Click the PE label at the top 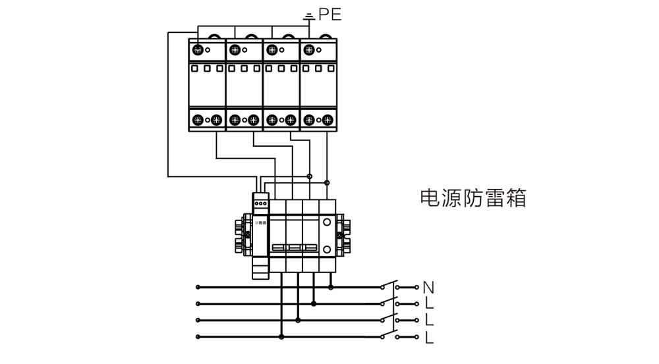click(330, 14)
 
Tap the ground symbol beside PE click(307, 15)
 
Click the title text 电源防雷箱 click(473, 198)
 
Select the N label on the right click(429, 287)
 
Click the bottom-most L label click(429, 338)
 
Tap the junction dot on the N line click(331, 287)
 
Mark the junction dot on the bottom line click(282, 337)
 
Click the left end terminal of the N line click(198, 287)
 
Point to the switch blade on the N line click(389, 285)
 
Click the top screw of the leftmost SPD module click(198, 49)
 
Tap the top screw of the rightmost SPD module click(308, 49)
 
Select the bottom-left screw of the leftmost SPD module click(198, 120)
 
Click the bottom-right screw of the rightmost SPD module click(328, 120)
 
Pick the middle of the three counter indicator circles click(262, 204)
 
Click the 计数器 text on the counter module click(261, 224)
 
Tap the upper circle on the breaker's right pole click(327, 223)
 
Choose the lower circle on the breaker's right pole click(327, 249)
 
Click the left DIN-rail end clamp click(239, 234)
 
